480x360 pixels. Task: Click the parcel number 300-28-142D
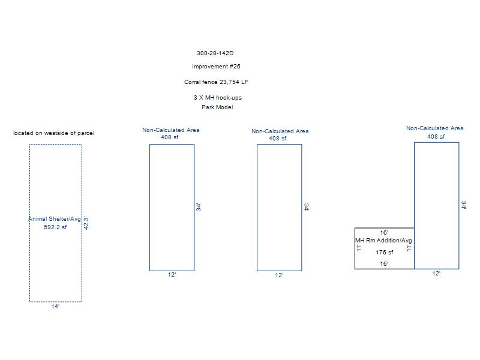215,53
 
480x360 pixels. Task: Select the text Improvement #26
216,67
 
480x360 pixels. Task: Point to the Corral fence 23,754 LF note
216,82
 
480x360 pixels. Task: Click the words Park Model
217,107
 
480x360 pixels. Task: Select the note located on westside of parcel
54,133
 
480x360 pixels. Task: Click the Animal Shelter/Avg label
55,219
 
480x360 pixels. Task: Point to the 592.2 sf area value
55,227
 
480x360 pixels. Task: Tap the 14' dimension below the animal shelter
55,307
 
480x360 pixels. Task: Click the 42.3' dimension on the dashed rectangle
86,223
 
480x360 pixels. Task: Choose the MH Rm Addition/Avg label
384,241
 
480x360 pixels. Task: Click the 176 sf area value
385,253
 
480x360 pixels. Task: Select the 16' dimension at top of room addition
384,232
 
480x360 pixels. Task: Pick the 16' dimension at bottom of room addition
384,263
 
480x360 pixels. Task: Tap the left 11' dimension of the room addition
359,248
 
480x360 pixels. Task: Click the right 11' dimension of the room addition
410,248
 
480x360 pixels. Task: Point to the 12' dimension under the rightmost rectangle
436,274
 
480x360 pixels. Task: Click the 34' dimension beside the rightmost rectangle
464,205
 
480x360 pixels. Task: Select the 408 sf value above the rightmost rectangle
436,137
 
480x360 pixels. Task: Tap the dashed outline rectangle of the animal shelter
30,180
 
